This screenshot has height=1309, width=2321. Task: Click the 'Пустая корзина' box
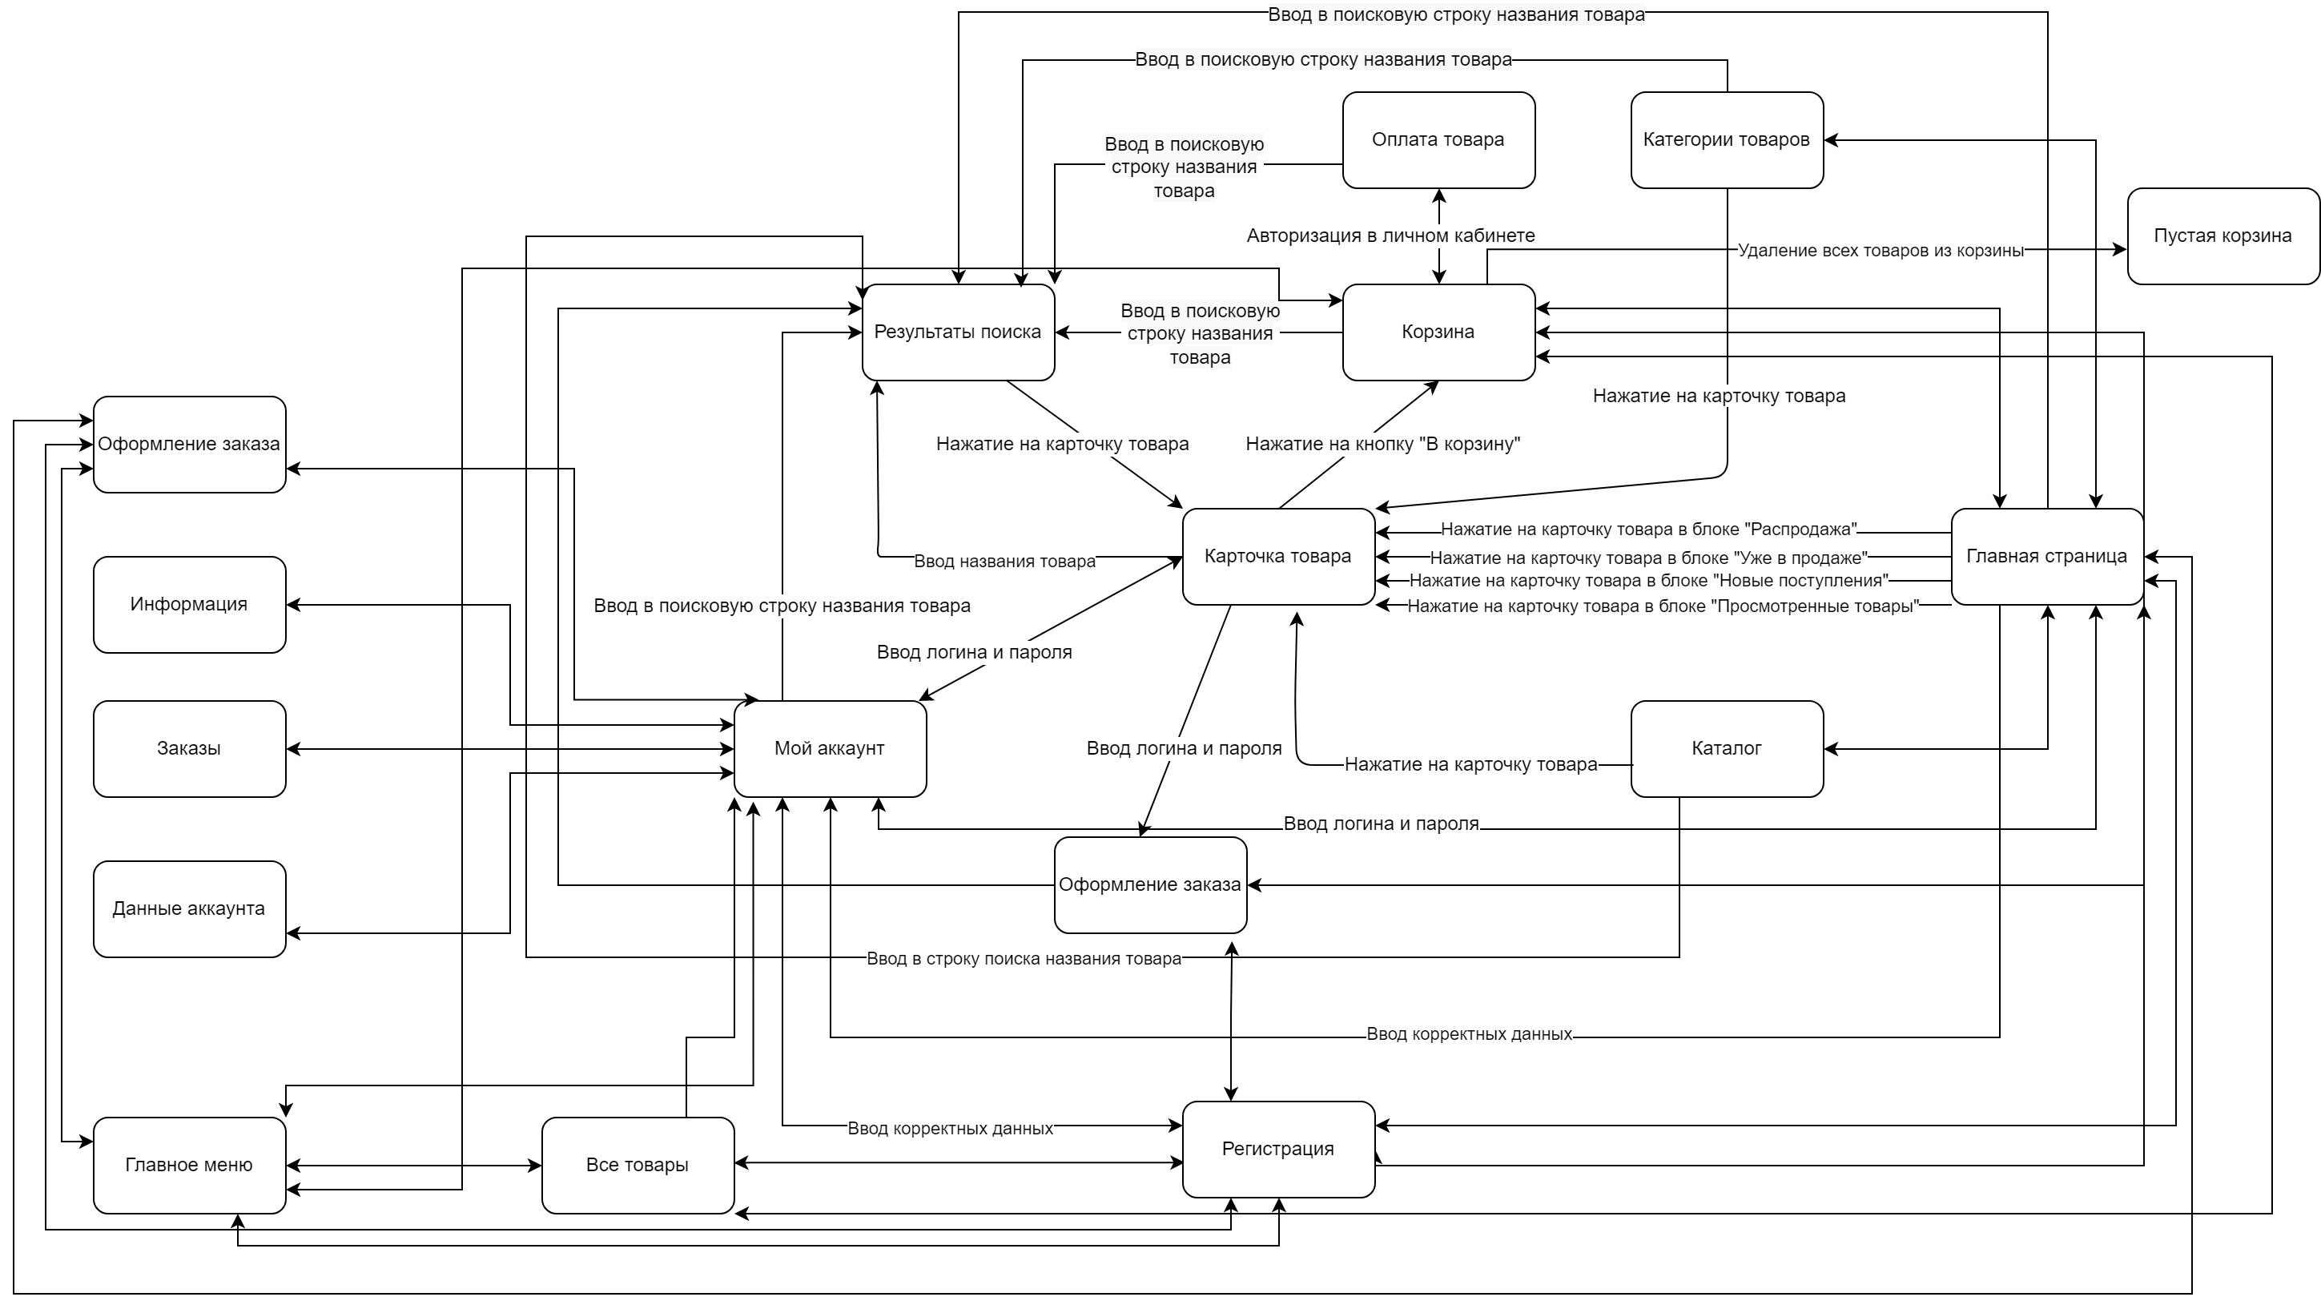[x=2222, y=236]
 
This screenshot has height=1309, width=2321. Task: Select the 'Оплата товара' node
[x=1438, y=139]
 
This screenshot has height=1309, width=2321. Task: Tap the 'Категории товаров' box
[x=1727, y=139]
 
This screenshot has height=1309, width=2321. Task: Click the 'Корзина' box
[x=1438, y=332]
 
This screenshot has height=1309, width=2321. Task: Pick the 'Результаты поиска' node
[x=958, y=332]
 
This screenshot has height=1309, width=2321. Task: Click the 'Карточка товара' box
[x=1277, y=556]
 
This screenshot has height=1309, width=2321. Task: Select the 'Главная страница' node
[x=2046, y=556]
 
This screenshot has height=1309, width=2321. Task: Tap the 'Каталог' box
[x=1727, y=748]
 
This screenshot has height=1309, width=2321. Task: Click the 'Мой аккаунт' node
[x=830, y=748]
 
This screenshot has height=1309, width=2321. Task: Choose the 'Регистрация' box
[x=1277, y=1149]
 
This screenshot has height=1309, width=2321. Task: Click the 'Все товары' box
[x=637, y=1165]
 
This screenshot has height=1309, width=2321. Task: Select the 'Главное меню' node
[x=189, y=1165]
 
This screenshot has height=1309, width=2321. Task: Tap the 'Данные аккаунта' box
[x=189, y=908]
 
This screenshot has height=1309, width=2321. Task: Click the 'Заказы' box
[x=189, y=748]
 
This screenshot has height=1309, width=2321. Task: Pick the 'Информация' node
[x=189, y=604]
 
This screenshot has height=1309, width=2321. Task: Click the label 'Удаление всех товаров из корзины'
[x=1881, y=251]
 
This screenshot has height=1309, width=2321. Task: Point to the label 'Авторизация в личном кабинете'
[x=1390, y=236]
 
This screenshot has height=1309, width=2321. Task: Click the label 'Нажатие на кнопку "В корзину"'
[x=1382, y=444]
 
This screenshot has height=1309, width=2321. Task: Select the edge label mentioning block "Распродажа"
[x=1648, y=530]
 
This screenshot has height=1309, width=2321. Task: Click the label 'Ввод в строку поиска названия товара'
[x=1024, y=958]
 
